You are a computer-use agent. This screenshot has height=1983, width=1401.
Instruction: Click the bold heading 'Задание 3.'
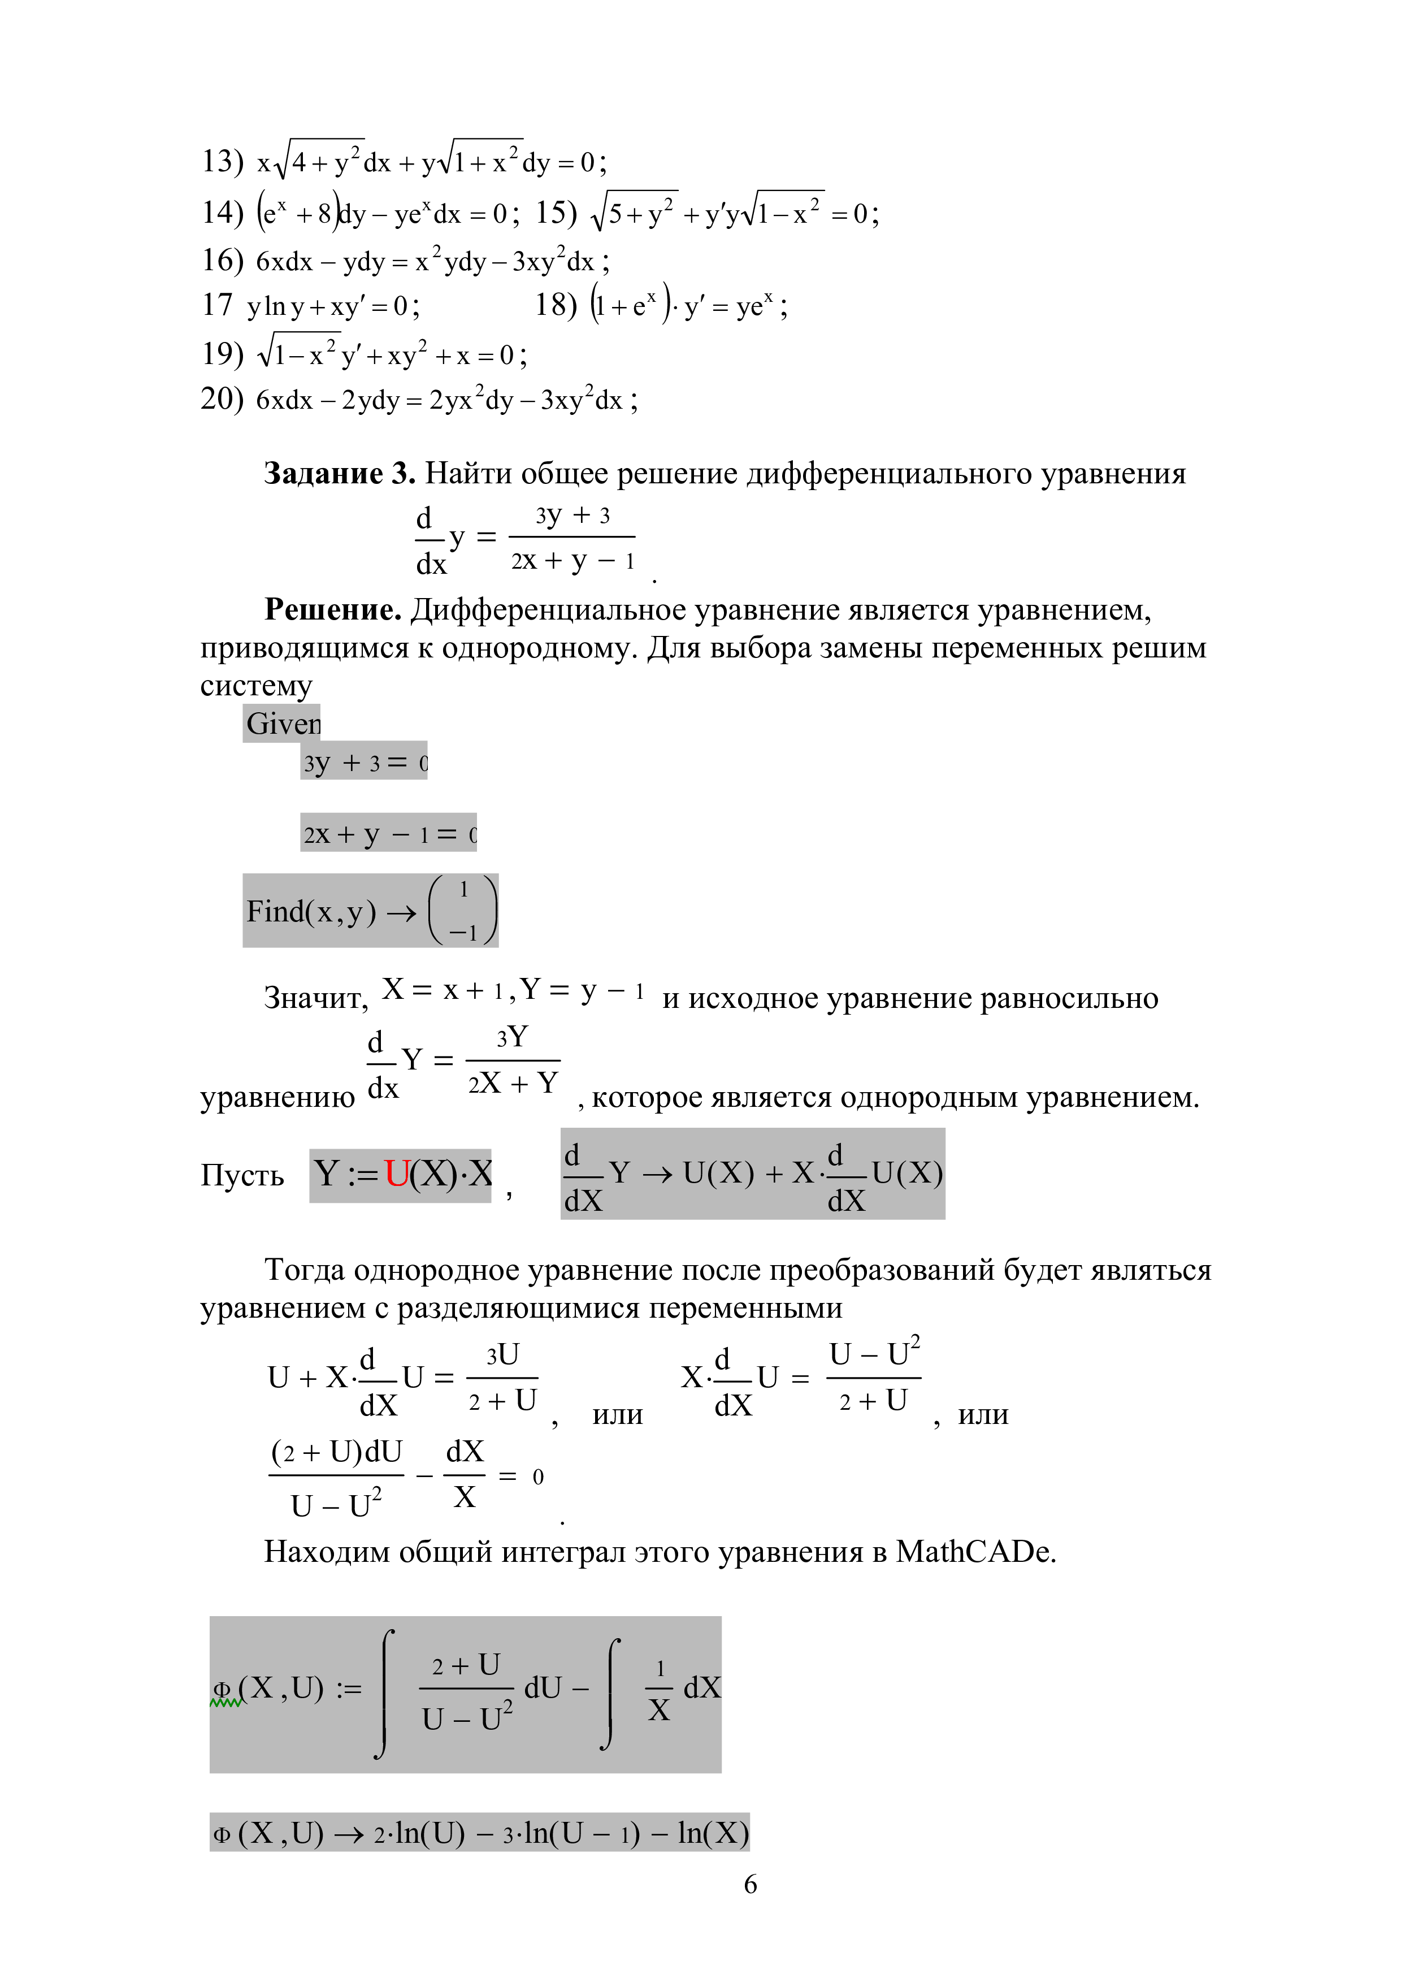[339, 474]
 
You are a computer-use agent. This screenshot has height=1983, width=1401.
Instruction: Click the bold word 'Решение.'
[332, 611]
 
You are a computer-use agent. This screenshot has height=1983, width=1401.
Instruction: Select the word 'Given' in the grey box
[282, 724]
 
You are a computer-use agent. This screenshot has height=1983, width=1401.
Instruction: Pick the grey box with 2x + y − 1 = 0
[388, 833]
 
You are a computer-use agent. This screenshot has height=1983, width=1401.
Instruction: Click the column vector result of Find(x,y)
[463, 910]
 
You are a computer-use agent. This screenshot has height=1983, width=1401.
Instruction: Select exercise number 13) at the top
[223, 162]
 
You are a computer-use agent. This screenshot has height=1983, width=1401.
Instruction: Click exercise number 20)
[223, 399]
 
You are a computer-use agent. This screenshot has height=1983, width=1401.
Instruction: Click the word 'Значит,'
[316, 998]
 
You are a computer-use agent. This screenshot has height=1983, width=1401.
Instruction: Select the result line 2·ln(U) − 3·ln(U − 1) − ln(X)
[561, 1833]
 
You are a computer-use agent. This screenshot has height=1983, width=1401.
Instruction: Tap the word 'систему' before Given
[257, 686]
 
